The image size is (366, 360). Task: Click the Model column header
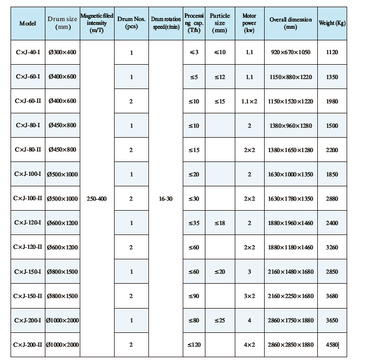pos(28,23)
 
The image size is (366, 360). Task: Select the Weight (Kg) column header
pos(332,23)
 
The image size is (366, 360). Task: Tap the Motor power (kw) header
pos(250,23)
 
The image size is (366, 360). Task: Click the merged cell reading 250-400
pos(97,199)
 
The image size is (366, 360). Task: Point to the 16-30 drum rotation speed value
pos(165,199)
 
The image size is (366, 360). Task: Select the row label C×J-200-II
pos(28,345)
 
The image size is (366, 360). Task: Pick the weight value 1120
pos(332,53)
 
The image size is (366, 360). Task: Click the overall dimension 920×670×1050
pos(291,53)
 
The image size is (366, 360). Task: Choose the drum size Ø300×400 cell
pos(62,53)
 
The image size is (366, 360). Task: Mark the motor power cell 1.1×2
pos(250,101)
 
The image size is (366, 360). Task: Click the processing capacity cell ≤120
pos(194,345)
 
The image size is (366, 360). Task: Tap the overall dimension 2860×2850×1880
pos(291,345)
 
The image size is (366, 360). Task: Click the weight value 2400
pos(332,223)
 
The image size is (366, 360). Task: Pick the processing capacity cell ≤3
pos(194,53)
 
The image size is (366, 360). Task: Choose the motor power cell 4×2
pos(250,345)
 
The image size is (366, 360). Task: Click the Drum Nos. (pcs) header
pos(131,23)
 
